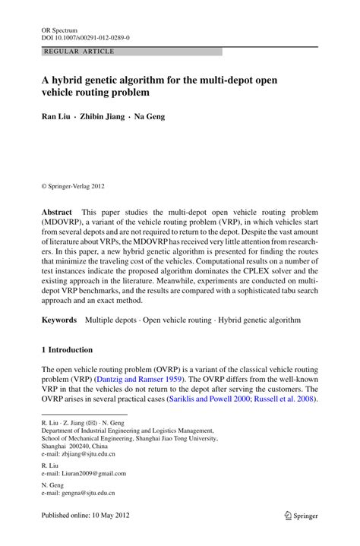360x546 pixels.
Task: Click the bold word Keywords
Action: [x=59, y=321]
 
